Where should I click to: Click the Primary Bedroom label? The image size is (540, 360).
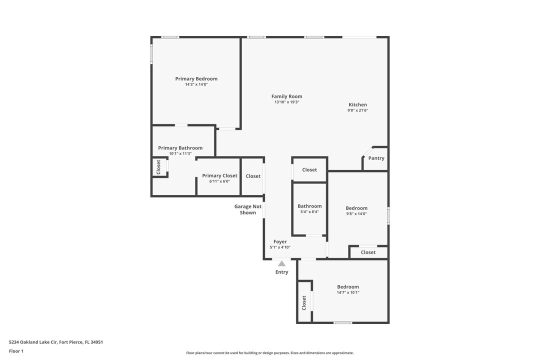coord(196,79)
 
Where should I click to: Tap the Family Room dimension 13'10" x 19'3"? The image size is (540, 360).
coord(286,102)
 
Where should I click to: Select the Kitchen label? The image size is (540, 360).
coord(357,105)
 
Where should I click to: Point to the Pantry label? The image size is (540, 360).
coord(376,158)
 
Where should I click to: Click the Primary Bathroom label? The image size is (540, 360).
coord(180,148)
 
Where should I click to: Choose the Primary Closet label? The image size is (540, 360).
coord(219,176)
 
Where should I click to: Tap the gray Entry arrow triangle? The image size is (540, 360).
coord(281,263)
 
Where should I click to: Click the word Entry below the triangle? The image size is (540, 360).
coord(281,272)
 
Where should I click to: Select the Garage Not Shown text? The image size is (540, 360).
coord(248,209)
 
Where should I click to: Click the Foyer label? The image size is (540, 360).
coord(280,242)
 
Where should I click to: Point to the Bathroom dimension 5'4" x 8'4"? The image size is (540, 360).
coord(309,212)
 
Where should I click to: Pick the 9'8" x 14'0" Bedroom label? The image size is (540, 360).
coord(356,208)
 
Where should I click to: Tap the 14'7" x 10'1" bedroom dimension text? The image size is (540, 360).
coord(347,292)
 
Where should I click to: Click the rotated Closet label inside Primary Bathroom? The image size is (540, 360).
coord(158,167)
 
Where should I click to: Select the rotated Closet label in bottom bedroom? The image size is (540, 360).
coord(304,302)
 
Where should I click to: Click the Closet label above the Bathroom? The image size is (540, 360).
coord(309,170)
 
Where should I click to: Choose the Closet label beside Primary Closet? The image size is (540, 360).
coord(253,176)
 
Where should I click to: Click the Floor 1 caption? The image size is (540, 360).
coord(16,351)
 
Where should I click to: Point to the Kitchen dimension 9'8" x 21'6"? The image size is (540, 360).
coord(357,110)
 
